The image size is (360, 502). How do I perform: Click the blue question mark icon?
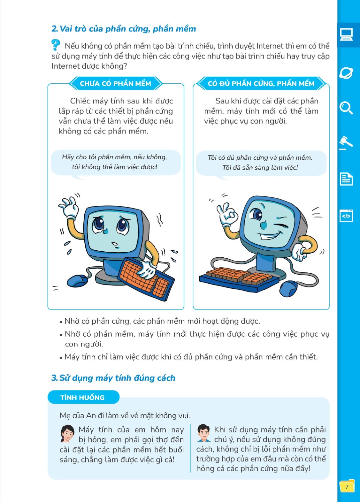coord(56,45)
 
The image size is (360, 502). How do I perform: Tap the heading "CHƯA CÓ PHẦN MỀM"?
coord(115,83)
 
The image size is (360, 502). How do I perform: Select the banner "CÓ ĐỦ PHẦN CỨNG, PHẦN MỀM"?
coord(261,83)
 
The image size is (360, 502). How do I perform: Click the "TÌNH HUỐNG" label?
coord(83,397)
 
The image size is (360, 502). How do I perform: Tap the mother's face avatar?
coord(67,433)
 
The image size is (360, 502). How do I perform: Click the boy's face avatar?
coord(203,433)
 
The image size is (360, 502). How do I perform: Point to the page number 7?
coord(347,487)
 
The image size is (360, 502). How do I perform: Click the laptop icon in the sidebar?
coord(346,34)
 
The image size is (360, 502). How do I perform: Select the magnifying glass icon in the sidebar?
coord(346,108)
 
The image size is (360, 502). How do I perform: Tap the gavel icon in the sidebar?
coord(346,143)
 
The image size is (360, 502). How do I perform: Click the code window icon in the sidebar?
coord(346,216)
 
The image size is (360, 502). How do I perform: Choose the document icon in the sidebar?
coord(346,179)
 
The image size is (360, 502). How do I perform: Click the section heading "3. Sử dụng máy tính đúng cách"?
coord(113,378)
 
